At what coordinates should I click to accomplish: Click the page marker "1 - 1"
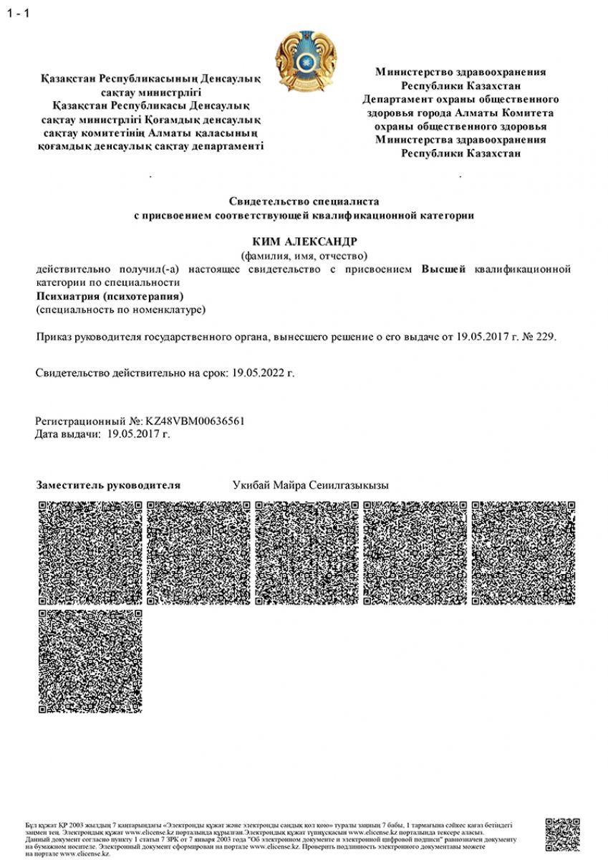click(x=18, y=14)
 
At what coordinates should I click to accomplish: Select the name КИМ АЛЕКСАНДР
click(x=304, y=241)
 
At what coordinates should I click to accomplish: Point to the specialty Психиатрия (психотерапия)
click(x=110, y=296)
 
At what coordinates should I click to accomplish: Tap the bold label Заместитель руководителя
click(x=108, y=485)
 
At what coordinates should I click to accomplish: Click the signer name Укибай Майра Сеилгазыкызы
click(x=310, y=485)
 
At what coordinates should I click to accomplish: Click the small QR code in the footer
click(x=562, y=835)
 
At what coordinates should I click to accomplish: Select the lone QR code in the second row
click(x=90, y=661)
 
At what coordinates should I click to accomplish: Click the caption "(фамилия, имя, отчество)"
click(x=304, y=255)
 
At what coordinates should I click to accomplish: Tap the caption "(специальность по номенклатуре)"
click(x=120, y=310)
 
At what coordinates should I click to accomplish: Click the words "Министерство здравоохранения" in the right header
click(x=460, y=72)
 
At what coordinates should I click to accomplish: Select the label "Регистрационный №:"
click(x=88, y=421)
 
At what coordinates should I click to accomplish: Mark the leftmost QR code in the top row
click(x=90, y=553)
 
